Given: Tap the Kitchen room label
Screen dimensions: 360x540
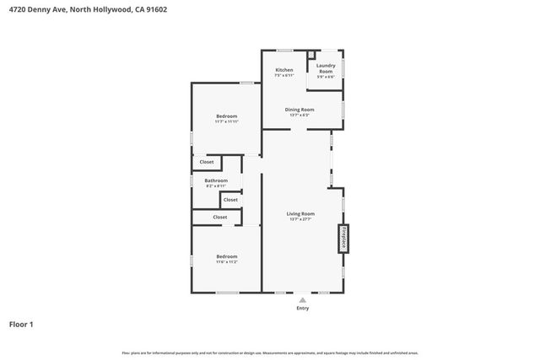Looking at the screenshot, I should pos(284,70).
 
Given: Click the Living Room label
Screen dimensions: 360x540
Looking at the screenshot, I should pos(300,214).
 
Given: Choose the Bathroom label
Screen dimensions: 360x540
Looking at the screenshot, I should pos(216,180).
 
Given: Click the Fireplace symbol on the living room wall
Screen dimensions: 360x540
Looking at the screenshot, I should pos(343,237).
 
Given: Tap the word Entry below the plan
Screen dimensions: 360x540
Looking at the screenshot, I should pos(302,309).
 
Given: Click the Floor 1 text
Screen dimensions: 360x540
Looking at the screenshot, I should pos(21,324).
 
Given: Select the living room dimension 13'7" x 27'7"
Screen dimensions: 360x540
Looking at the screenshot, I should pos(300,220).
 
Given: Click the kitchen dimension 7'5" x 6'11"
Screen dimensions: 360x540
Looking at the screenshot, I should pos(284,76).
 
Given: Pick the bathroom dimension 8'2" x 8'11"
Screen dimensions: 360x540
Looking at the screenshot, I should pos(216,185).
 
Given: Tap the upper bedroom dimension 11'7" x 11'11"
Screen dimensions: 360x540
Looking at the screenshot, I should pos(226,122).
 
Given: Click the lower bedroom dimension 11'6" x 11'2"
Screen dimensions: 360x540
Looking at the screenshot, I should pos(226,262).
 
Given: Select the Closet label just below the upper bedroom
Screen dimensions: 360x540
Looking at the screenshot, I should pos(207,161).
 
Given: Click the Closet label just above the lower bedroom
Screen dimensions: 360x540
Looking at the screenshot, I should pos(219,218).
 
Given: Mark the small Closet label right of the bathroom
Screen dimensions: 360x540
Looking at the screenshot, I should pos(230,200).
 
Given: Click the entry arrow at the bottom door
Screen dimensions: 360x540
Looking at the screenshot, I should pos(302,298).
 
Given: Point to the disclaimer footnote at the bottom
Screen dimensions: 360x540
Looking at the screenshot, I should pos(270,353).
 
